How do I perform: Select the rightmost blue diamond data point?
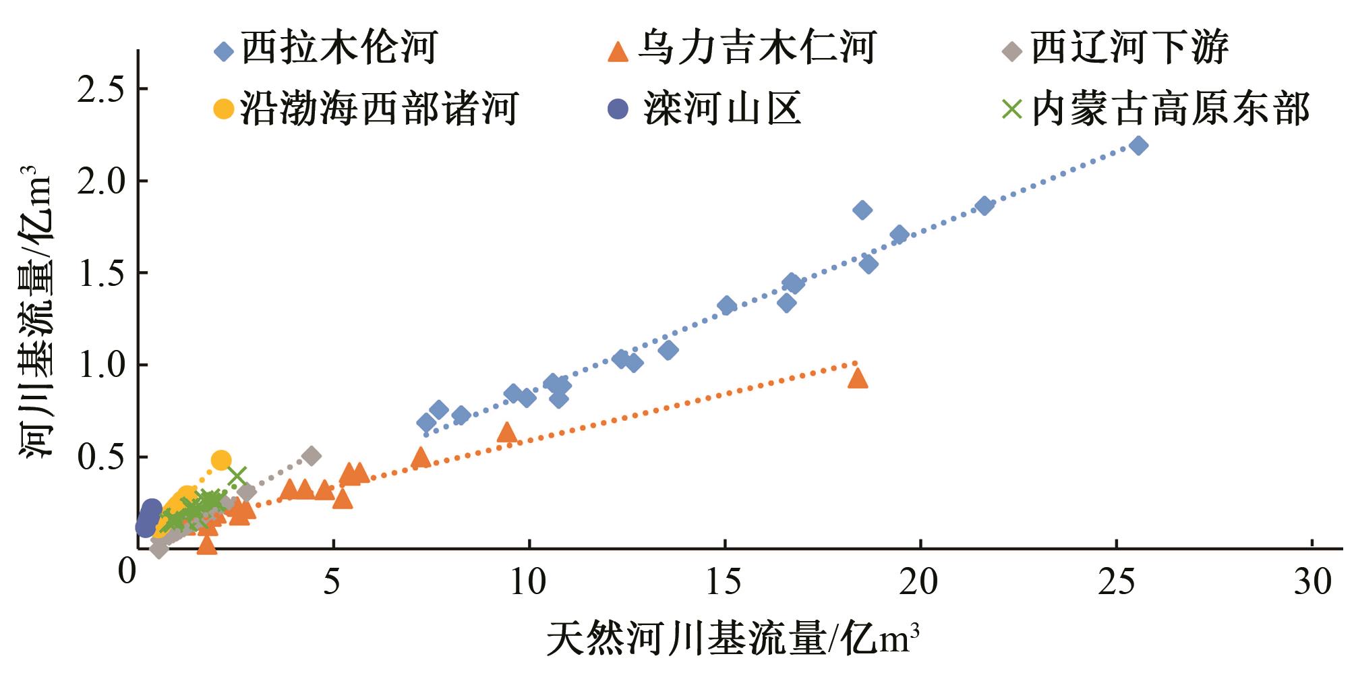pos(1138,146)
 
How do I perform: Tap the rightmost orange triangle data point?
pos(857,378)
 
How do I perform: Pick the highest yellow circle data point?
pos(221,461)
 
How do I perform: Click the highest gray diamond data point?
pos(311,456)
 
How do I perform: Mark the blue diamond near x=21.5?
pos(984,206)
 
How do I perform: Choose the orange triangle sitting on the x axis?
pos(207,545)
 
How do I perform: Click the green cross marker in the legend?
pos(1011,109)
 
